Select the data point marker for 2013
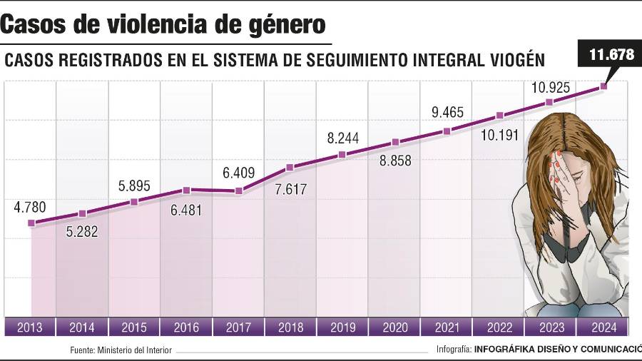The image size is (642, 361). (31, 223)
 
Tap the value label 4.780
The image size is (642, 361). (31, 208)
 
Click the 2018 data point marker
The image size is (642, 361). (290, 168)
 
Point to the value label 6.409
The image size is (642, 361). (238, 173)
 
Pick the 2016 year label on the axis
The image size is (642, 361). (186, 328)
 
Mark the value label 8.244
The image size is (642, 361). (342, 138)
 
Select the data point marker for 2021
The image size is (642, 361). (447, 131)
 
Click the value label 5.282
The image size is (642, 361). (82, 232)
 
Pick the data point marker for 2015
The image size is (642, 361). (134, 202)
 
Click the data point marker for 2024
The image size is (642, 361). (603, 86)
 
